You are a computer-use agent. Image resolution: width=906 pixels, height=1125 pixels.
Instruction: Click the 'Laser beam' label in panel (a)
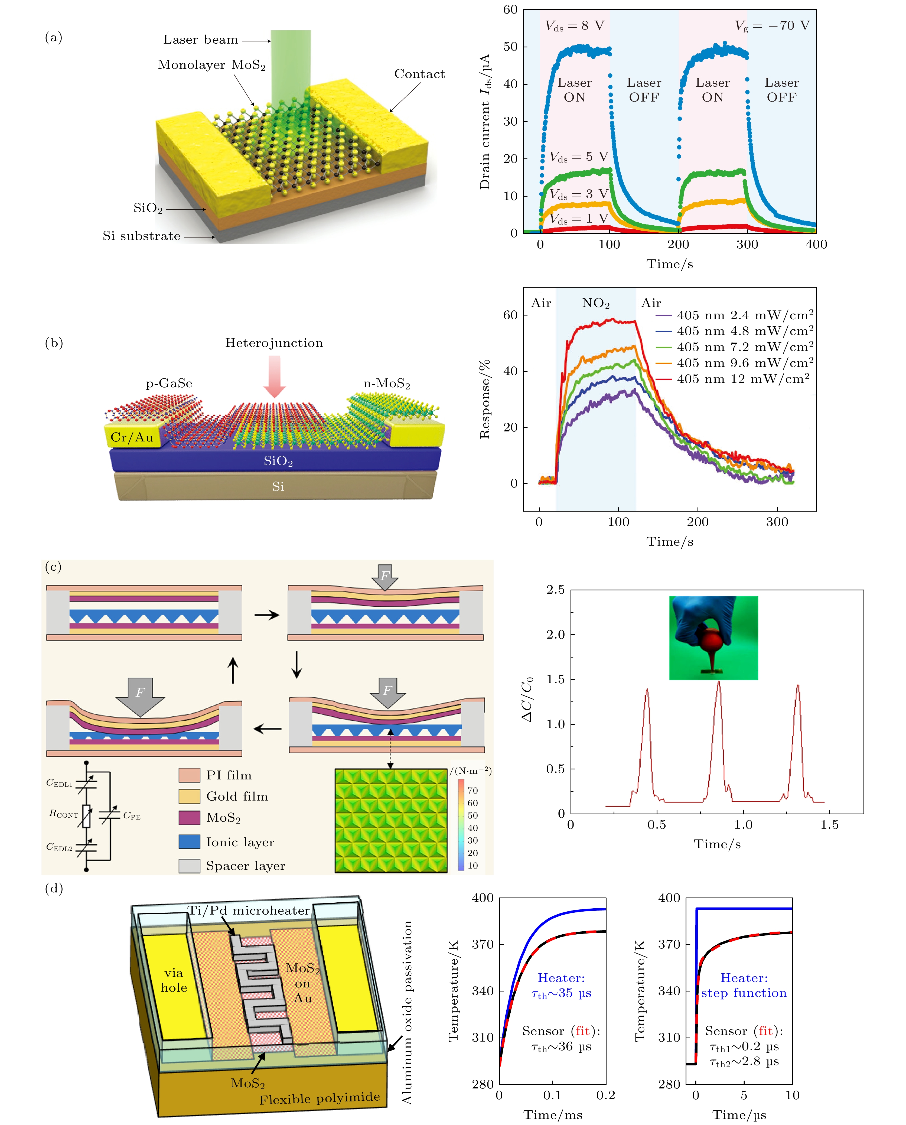click(x=200, y=40)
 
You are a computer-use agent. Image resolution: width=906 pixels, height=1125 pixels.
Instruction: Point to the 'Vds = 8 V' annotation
click(x=574, y=25)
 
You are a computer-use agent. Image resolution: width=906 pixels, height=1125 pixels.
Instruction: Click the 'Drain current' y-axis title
click(x=485, y=121)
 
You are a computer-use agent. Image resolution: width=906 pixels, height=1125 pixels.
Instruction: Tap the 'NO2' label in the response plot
click(x=595, y=303)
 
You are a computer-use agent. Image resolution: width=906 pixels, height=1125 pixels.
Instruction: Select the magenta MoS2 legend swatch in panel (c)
click(x=189, y=818)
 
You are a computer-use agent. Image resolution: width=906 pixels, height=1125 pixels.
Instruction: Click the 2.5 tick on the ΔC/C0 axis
click(x=555, y=590)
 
